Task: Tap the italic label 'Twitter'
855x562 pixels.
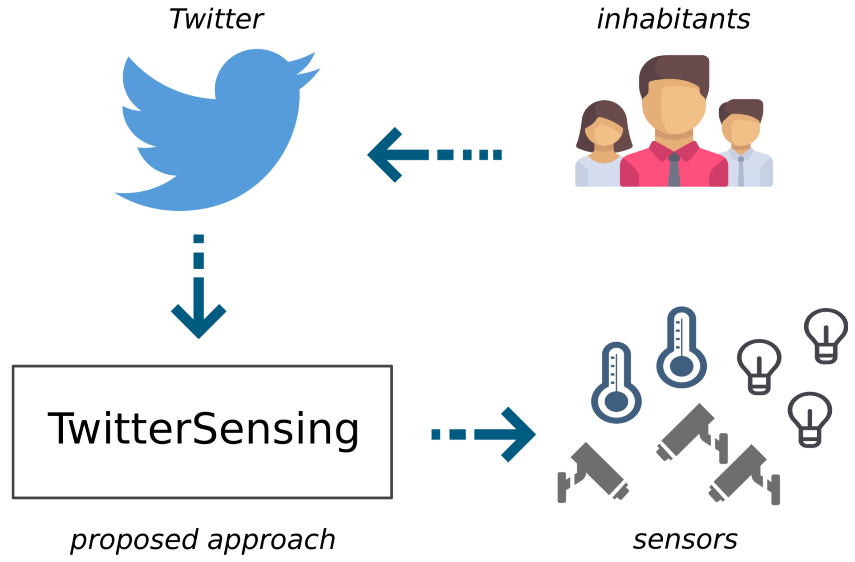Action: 216,19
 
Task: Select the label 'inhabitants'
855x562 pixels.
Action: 673,19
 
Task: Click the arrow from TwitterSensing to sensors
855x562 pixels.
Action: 485,434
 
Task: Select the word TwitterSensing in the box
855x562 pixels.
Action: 203,429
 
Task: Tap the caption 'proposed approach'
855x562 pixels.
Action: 203,539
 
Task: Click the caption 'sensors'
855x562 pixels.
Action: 685,539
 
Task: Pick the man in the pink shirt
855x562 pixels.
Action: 674,125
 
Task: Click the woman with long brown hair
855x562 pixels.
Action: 604,143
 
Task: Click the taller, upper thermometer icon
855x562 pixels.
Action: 681,348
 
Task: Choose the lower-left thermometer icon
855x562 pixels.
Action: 616,383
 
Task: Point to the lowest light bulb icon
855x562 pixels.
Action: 810,419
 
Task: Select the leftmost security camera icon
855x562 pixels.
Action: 592,472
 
